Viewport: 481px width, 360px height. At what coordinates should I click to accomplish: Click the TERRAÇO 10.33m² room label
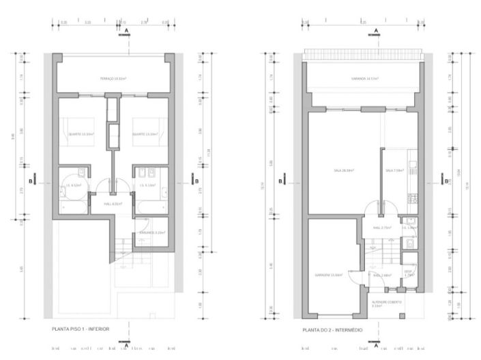point(113,79)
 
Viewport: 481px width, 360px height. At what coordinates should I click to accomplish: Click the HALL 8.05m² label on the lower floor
point(112,203)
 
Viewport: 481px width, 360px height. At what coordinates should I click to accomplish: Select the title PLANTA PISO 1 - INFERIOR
point(81,329)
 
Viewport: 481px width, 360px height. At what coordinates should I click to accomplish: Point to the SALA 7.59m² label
point(394,170)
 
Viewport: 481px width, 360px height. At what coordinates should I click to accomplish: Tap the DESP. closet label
point(409,273)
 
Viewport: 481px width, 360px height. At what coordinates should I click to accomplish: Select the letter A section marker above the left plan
point(127,31)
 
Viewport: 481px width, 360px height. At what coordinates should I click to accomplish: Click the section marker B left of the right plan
point(282,182)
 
